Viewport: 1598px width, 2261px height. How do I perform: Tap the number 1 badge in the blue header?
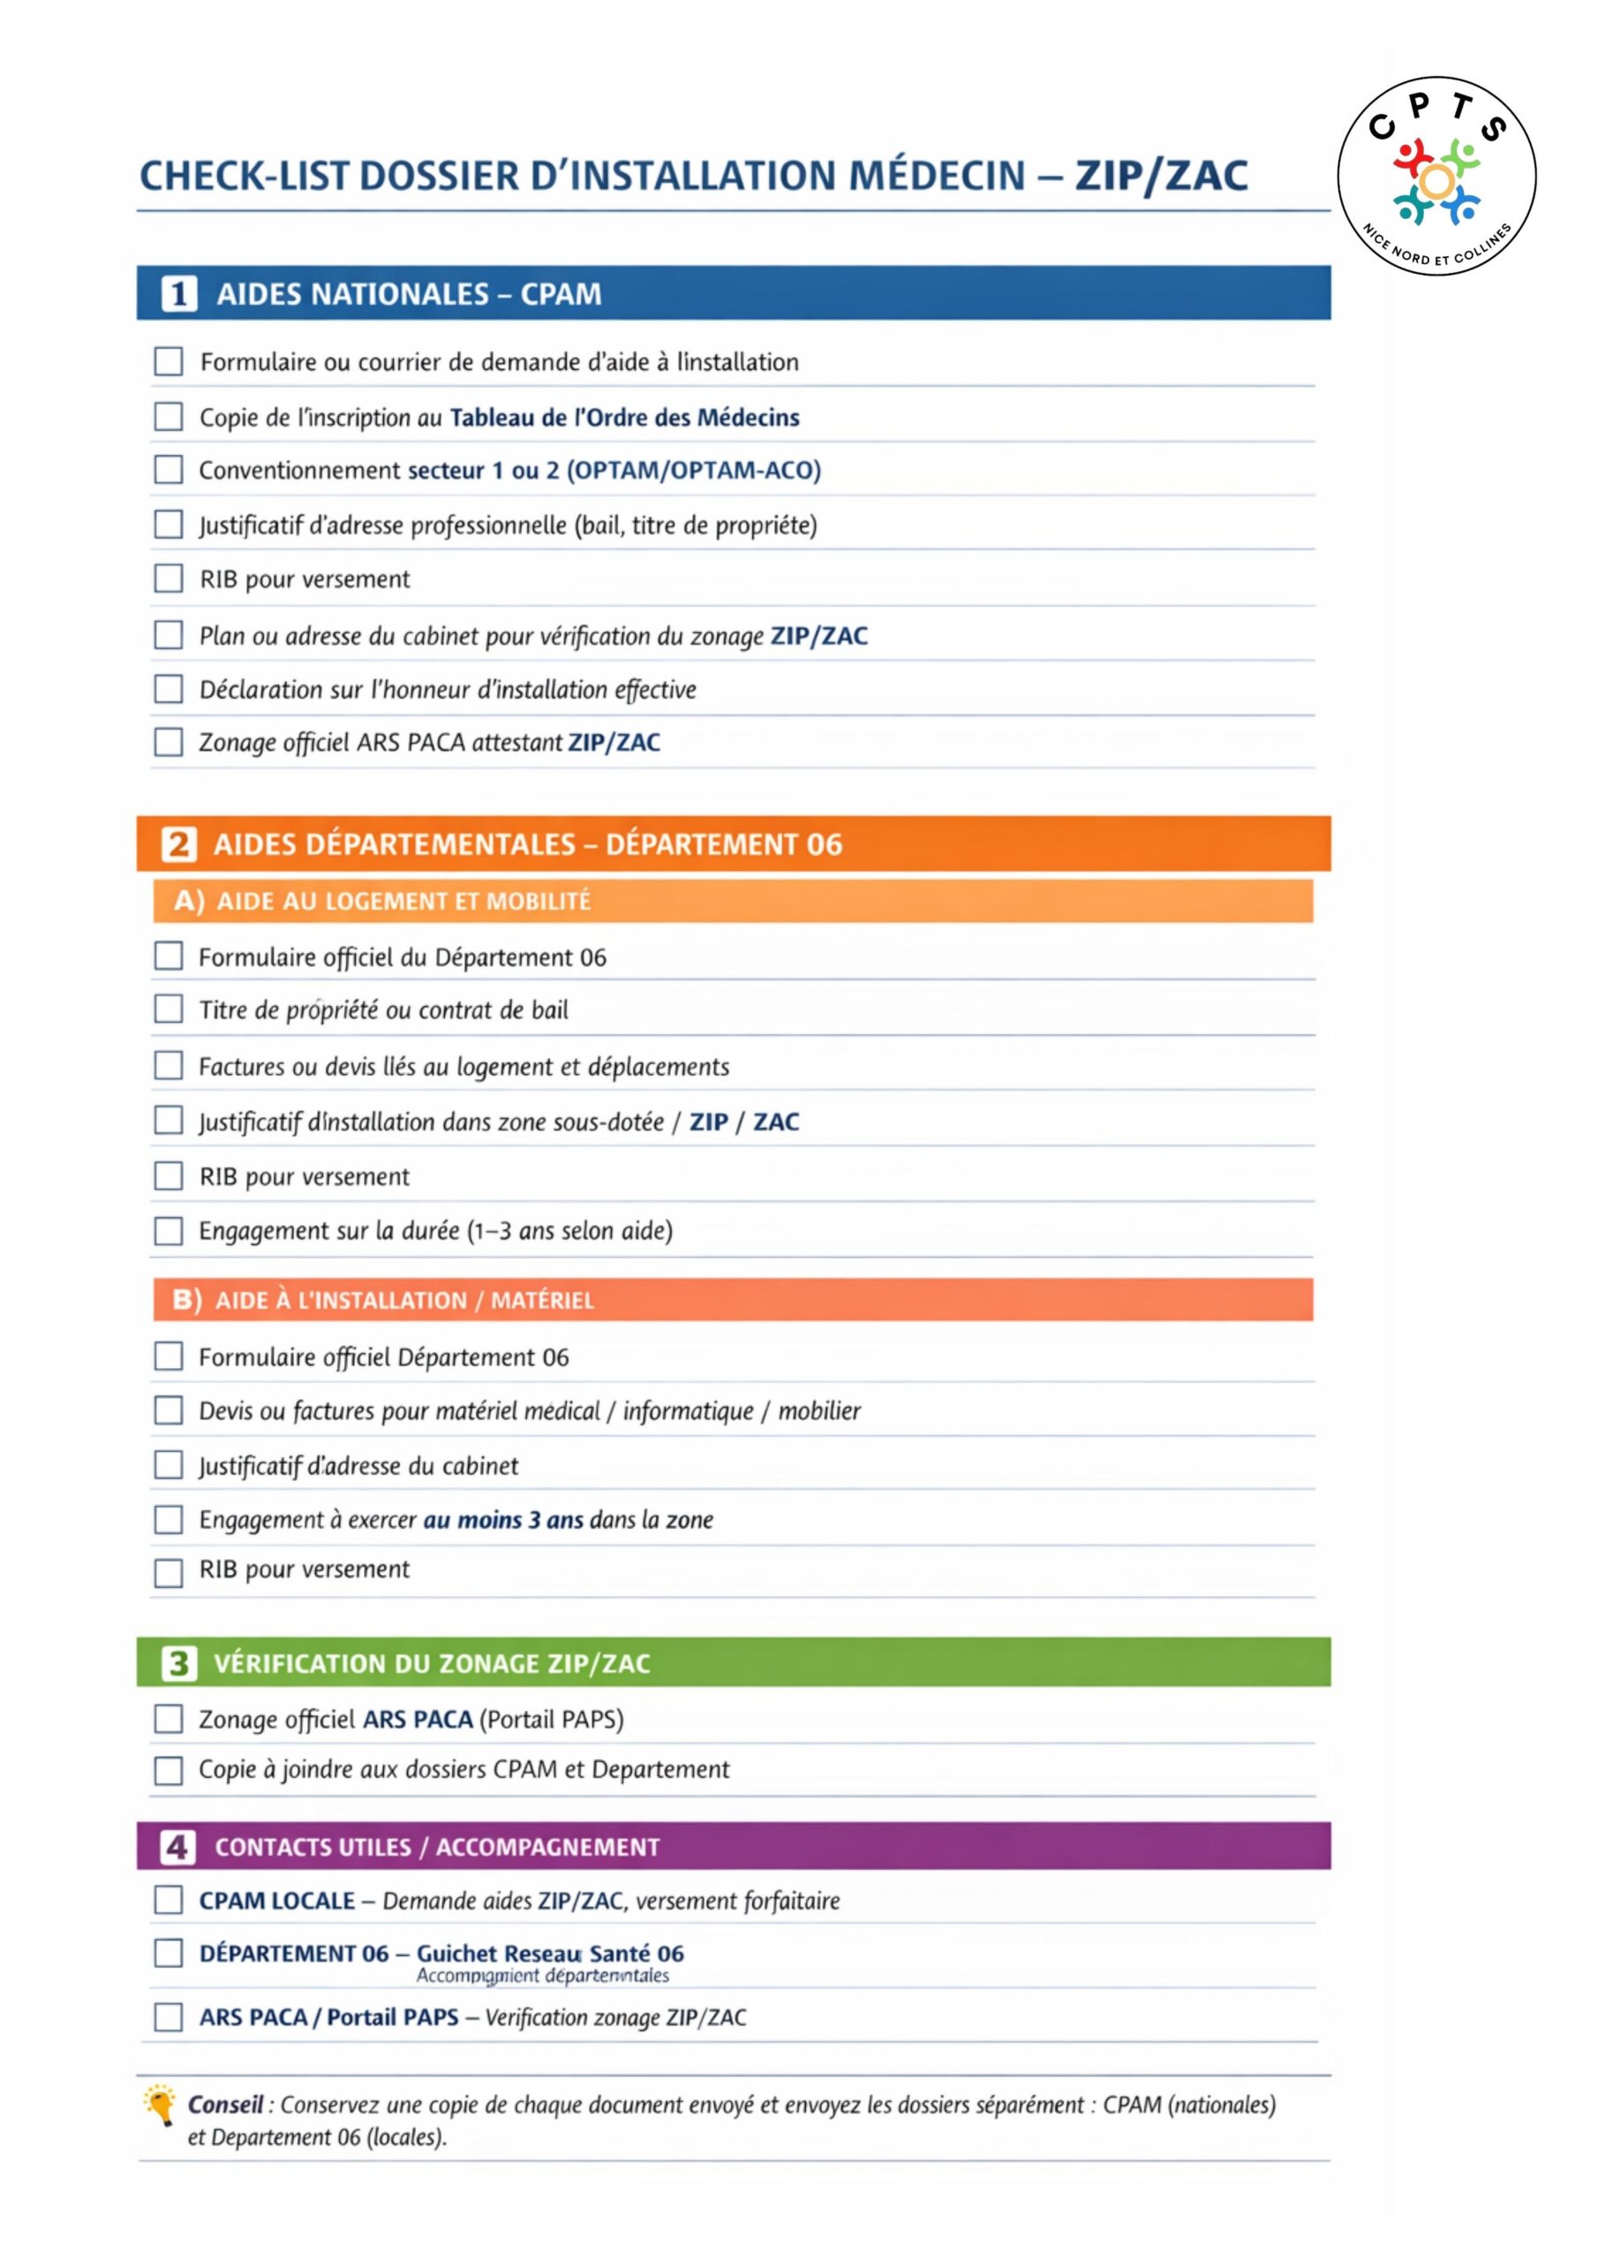point(178,293)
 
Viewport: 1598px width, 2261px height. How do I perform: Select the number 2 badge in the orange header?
point(178,844)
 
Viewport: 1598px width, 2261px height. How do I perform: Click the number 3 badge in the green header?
point(178,1663)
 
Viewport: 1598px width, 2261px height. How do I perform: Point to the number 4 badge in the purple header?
point(178,1847)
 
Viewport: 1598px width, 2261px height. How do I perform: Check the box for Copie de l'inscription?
point(169,417)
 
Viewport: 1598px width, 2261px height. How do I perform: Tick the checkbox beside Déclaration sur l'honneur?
point(169,688)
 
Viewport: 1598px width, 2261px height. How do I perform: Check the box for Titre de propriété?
point(169,1010)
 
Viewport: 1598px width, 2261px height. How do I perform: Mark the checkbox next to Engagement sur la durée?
point(169,1230)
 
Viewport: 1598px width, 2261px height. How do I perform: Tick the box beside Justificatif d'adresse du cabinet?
point(169,1465)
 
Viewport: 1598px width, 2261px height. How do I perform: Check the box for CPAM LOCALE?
point(169,1900)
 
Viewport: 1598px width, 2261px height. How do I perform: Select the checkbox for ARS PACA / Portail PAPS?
point(169,2016)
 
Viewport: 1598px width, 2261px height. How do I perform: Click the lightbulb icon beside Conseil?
point(159,2106)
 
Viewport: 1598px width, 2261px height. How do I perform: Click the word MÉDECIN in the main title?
point(937,177)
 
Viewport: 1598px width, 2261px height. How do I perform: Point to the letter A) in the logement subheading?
point(188,901)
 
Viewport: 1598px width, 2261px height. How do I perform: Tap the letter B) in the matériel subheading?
point(187,1300)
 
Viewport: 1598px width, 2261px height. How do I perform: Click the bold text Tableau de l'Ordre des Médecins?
point(624,418)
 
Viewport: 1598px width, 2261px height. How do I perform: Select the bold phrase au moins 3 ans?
point(503,1519)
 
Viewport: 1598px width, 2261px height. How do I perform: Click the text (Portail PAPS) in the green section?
point(552,1720)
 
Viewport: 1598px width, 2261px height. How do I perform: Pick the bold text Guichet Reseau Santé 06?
point(549,1953)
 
